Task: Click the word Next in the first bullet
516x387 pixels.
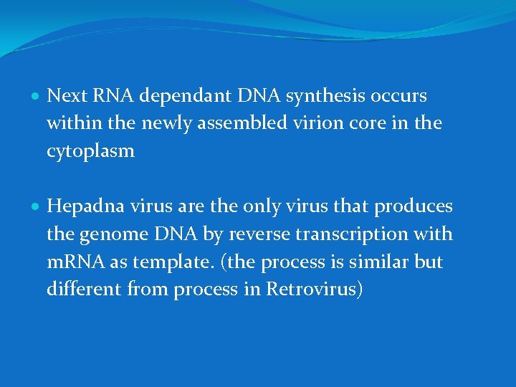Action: point(65,96)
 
